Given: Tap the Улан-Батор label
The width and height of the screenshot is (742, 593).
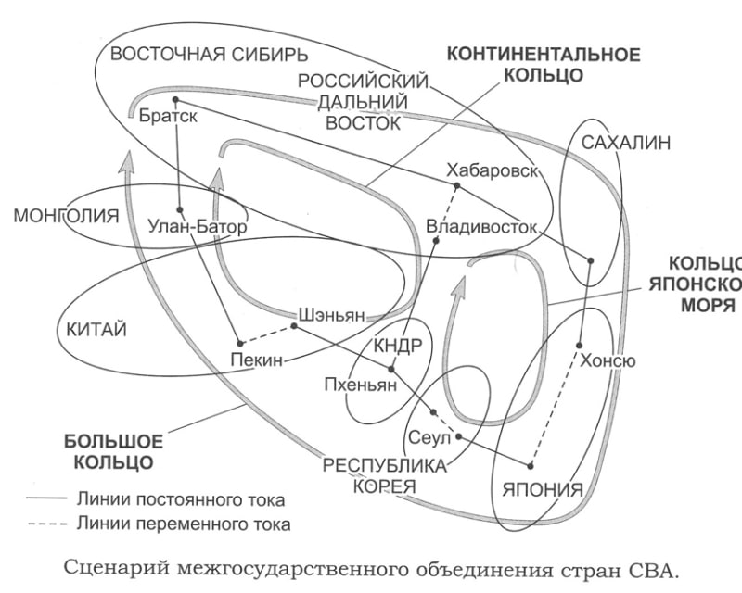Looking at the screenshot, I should coord(198,225).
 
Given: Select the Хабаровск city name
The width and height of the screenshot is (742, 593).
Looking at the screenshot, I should coord(491,172).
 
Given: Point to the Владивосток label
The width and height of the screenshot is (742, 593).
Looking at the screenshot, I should coord(481,226).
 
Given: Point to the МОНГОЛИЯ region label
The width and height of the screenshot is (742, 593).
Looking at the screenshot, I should coord(67,218).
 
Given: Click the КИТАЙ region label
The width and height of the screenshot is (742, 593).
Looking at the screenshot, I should coord(96,329).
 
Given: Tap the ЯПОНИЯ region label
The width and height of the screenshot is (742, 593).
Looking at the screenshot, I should coord(543,490).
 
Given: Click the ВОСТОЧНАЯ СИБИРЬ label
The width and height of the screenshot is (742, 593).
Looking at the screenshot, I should coord(195,54).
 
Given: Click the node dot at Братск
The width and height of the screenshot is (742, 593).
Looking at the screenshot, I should coord(175,99).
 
